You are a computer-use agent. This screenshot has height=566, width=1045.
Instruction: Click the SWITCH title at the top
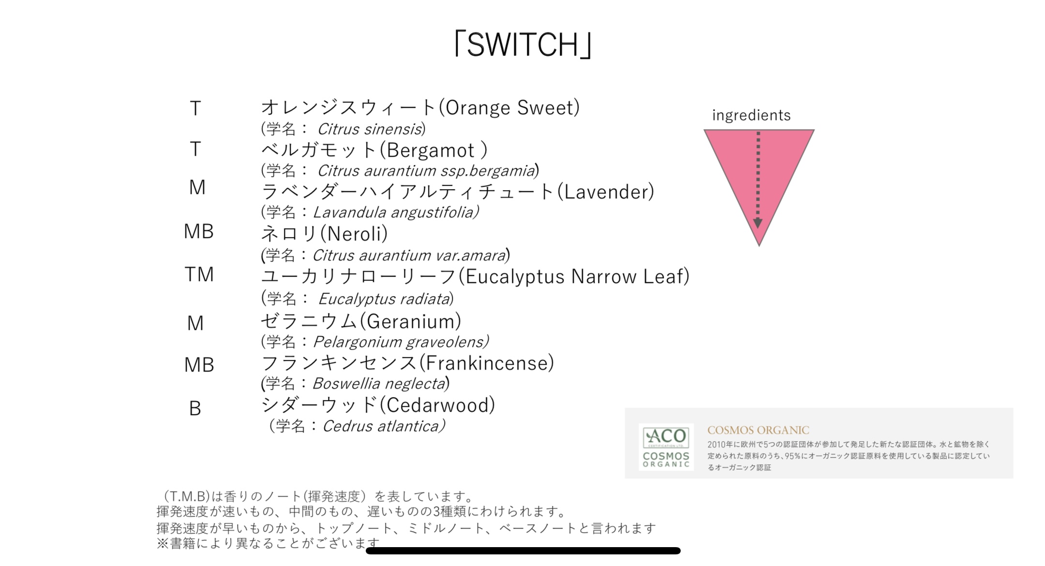[522, 45]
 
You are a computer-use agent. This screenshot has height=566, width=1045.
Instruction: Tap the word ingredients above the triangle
[751, 115]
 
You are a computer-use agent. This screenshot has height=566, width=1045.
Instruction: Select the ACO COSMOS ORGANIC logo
[666, 447]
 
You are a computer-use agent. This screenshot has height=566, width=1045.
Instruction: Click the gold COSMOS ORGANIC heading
[758, 430]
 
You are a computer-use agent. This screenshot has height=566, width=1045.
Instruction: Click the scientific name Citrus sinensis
[370, 129]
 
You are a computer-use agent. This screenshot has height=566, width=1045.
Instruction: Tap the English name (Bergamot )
[433, 150]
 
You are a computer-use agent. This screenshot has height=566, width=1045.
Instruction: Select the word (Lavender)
[606, 192]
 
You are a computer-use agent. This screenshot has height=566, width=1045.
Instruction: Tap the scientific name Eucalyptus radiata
[384, 298]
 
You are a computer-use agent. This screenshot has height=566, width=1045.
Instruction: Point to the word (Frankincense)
[486, 363]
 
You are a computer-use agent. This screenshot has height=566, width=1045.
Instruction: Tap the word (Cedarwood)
[437, 405]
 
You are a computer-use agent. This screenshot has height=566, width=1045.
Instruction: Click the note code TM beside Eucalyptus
[199, 275]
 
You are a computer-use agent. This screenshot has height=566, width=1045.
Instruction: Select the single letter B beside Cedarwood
[195, 409]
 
